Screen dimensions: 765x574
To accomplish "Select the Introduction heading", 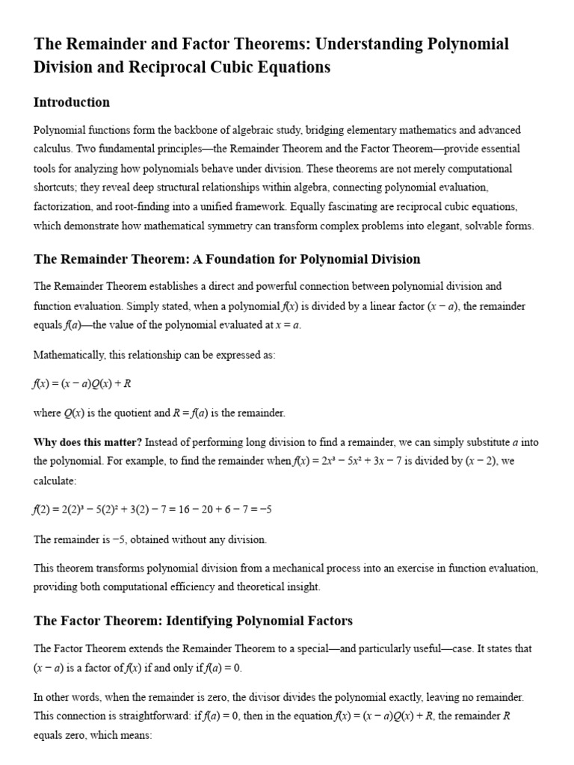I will click(72, 102).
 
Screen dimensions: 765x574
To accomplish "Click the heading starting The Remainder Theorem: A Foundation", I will click(226, 259).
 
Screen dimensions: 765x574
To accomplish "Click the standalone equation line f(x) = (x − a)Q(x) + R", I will click(83, 383).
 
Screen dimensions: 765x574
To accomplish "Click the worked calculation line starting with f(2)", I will click(152, 510).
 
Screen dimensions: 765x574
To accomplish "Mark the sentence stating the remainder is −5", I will click(149, 539).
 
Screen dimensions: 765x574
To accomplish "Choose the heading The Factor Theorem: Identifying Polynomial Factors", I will click(193, 621).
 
